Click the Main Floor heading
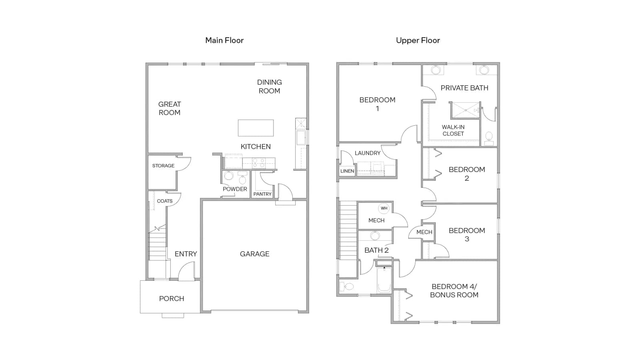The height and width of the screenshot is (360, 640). click(x=224, y=40)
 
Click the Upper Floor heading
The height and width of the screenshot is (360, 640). click(x=418, y=40)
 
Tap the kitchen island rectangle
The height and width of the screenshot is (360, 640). click(x=256, y=128)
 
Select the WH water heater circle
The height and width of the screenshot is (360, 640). click(x=384, y=208)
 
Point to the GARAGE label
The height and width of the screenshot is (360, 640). click(x=254, y=254)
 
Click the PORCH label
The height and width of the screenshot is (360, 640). click(x=172, y=298)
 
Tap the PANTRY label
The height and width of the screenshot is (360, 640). click(x=262, y=194)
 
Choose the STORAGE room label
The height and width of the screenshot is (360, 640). click(x=163, y=166)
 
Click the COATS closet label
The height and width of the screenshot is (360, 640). click(x=164, y=201)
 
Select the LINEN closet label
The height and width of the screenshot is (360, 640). click(x=347, y=171)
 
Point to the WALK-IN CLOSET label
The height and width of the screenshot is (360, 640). click(x=453, y=130)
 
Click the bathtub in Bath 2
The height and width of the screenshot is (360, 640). click(x=384, y=280)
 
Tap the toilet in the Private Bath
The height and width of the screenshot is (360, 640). click(x=489, y=138)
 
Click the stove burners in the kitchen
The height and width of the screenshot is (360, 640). click(x=258, y=163)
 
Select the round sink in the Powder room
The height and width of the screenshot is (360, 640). click(x=228, y=176)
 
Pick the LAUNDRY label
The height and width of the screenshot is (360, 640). click(x=368, y=153)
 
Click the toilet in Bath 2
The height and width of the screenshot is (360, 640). click(x=347, y=286)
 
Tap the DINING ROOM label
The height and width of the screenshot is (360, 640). click(x=270, y=86)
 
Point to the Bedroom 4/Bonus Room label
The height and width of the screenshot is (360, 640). click(x=454, y=290)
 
